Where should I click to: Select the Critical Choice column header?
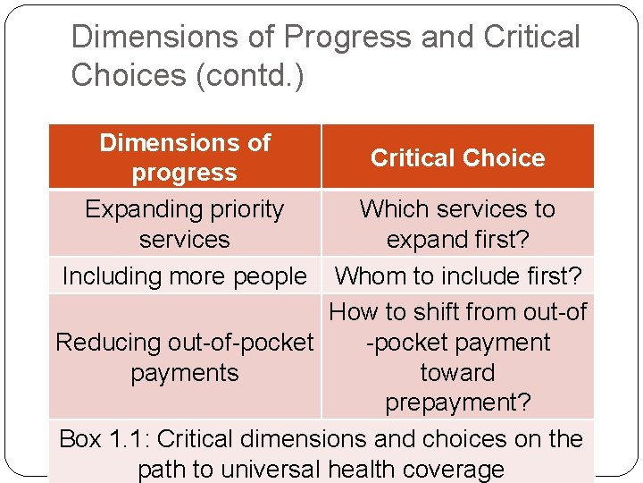point(457,157)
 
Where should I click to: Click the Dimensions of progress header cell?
point(185,157)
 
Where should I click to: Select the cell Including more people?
point(184,276)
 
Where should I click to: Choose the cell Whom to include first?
point(457,276)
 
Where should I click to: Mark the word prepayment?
point(457,403)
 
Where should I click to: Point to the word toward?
point(457,373)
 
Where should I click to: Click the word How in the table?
point(353,312)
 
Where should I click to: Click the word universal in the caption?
point(273,469)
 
